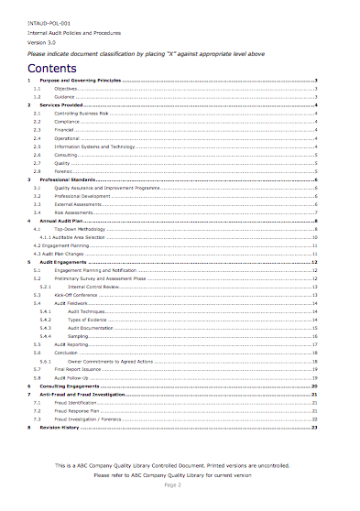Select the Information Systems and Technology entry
click(x=94, y=146)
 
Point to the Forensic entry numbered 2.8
click(x=64, y=171)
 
